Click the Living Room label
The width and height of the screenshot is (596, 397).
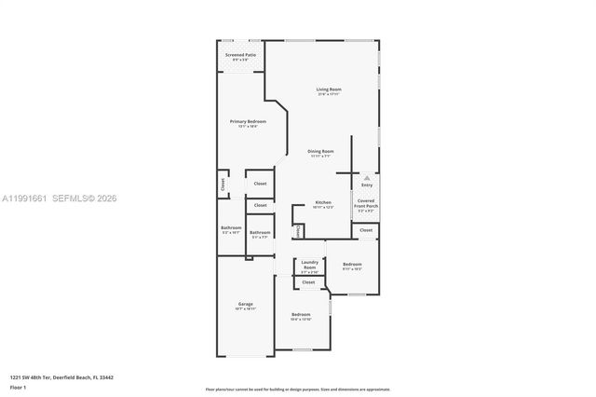click(x=330, y=89)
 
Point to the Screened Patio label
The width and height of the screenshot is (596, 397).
click(x=240, y=55)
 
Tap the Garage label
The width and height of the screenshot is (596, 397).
click(x=245, y=305)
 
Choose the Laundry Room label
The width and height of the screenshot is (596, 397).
click(x=310, y=264)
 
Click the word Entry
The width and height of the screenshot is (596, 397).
click(x=367, y=185)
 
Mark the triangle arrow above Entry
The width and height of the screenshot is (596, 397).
click(x=367, y=176)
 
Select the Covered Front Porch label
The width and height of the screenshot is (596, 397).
click(x=365, y=202)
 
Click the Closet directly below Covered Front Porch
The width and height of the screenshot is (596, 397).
click(x=366, y=229)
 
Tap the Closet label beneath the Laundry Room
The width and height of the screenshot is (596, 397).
click(x=308, y=281)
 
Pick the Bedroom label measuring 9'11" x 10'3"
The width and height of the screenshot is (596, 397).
click(x=352, y=265)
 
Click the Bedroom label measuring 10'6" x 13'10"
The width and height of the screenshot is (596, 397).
click(x=301, y=315)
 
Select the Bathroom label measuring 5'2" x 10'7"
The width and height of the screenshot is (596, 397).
click(x=231, y=228)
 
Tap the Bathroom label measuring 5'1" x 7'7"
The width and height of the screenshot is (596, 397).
click(x=260, y=233)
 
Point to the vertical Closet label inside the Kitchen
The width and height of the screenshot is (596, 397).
click(x=298, y=230)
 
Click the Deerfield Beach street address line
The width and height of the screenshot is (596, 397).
click(x=62, y=376)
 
